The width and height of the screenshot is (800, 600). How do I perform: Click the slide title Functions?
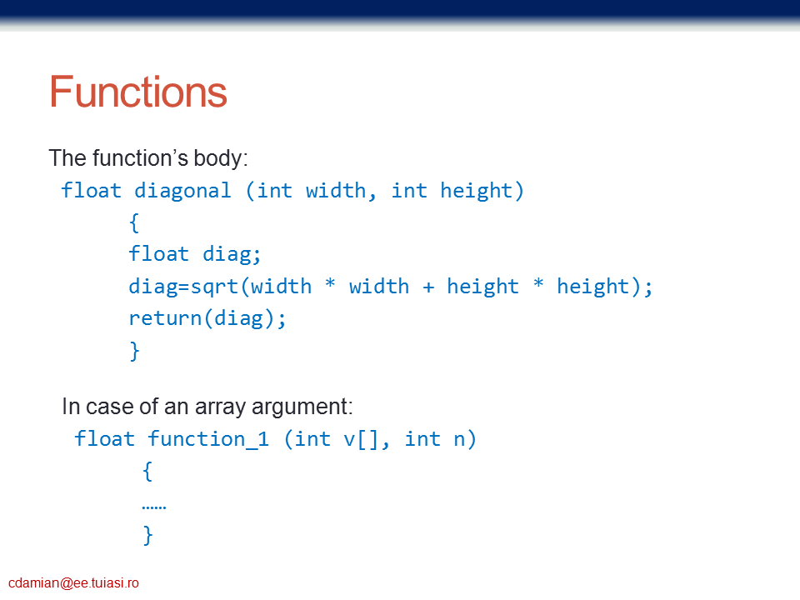(x=137, y=92)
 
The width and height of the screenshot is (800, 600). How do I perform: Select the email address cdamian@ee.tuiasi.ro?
(x=73, y=582)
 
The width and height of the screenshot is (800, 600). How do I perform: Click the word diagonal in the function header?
(x=182, y=192)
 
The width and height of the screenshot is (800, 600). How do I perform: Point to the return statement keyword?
(x=165, y=318)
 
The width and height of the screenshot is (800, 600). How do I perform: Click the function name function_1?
(x=208, y=439)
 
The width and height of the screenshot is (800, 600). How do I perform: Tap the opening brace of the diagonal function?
(x=134, y=223)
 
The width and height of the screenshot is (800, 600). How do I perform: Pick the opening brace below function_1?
(x=147, y=472)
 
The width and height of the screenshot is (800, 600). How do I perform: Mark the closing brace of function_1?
(x=148, y=535)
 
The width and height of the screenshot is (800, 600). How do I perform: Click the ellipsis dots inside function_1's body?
(x=154, y=507)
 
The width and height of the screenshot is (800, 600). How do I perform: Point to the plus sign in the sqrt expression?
(x=428, y=287)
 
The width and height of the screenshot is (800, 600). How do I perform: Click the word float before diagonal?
(x=92, y=190)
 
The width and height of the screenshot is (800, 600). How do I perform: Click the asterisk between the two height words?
(x=538, y=282)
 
